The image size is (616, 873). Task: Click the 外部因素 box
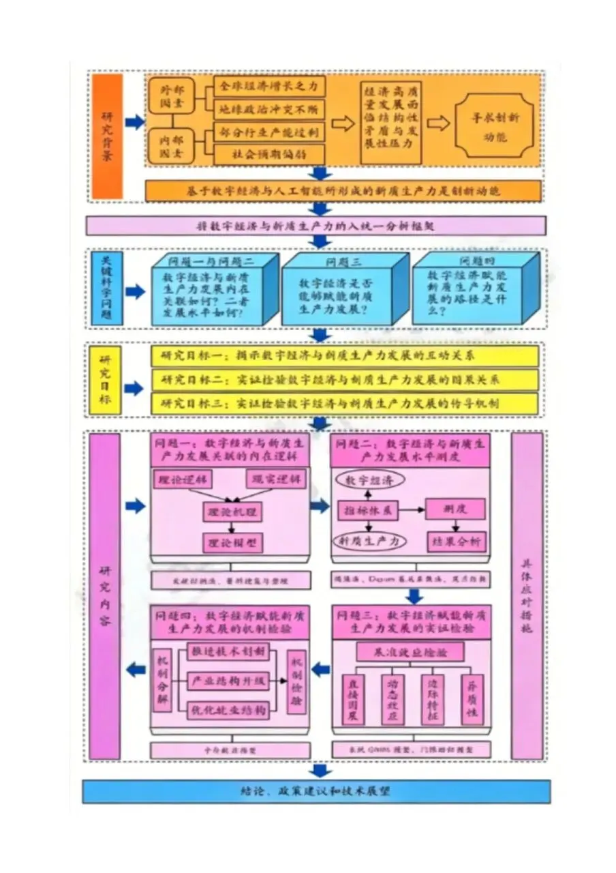pos(172,98)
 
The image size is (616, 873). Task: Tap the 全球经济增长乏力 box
pos(270,87)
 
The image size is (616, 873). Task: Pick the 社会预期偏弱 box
pos(270,154)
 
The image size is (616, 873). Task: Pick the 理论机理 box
pos(232,511)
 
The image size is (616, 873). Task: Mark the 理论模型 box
pos(232,542)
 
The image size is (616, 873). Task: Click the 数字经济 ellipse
pos(369,481)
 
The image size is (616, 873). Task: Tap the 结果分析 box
pos(456,542)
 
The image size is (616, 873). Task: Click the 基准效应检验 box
pos(410,651)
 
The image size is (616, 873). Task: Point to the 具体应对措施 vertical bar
pos(527,595)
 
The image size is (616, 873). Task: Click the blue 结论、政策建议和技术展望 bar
pos(316,792)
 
